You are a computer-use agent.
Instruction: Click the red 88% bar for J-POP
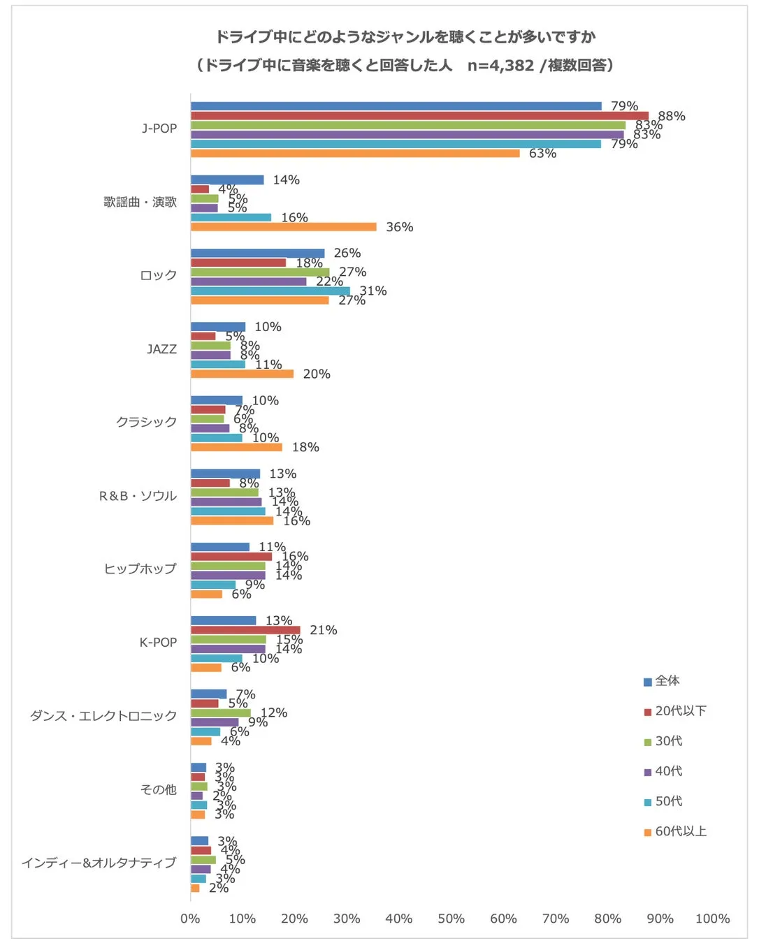pyautogui.click(x=419, y=116)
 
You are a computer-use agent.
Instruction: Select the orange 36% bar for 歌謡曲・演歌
pyautogui.click(x=283, y=227)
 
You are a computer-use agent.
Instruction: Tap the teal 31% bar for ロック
pyautogui.click(x=270, y=291)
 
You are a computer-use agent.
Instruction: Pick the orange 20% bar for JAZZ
pyautogui.click(x=242, y=374)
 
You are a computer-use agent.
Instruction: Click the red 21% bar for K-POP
pyautogui.click(x=245, y=630)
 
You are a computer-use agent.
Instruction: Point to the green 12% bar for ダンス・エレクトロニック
pyautogui.click(x=220, y=713)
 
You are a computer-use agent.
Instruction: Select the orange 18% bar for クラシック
pyautogui.click(x=236, y=447)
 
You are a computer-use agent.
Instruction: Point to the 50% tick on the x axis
pyautogui.click(x=451, y=919)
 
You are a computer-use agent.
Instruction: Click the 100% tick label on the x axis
pyautogui.click(x=711, y=919)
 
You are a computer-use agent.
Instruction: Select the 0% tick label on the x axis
pyautogui.click(x=190, y=919)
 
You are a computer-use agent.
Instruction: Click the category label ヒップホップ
pyautogui.click(x=140, y=569)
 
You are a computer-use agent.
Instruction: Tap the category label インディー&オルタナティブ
pyautogui.click(x=99, y=863)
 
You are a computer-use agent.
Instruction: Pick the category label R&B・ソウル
pyautogui.click(x=138, y=496)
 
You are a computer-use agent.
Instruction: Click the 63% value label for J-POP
pyautogui.click(x=542, y=154)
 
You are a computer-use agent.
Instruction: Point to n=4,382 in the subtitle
pyautogui.click(x=500, y=66)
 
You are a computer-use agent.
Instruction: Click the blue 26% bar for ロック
pyautogui.click(x=257, y=254)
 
